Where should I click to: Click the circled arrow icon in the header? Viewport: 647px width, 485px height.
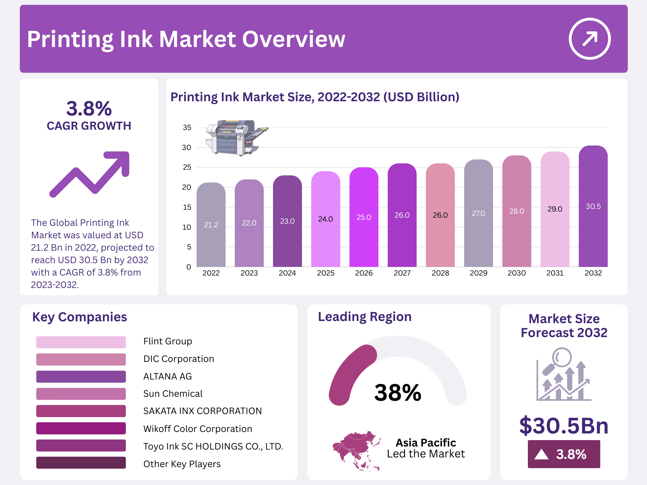click(589, 39)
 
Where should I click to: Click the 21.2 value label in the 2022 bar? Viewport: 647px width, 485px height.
click(211, 225)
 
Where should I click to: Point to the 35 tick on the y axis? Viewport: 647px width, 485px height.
click(187, 128)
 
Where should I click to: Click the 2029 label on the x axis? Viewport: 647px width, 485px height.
click(478, 273)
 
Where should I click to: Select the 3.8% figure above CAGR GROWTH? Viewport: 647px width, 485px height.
click(89, 109)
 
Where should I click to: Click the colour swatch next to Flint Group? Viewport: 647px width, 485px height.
click(81, 342)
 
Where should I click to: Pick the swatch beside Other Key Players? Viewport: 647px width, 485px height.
click(81, 463)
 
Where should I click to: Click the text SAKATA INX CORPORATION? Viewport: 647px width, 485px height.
click(202, 411)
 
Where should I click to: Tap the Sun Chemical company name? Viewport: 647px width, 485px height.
click(173, 394)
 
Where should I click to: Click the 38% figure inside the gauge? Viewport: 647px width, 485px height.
click(398, 393)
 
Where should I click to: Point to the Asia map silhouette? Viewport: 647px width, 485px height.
click(357, 450)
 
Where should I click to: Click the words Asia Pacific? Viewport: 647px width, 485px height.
click(426, 443)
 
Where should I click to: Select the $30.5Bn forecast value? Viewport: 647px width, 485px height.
click(564, 426)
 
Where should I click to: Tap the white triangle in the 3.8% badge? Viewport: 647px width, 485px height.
click(541, 454)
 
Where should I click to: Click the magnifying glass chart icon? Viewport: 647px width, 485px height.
click(564, 375)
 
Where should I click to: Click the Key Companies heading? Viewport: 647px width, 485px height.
click(79, 317)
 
